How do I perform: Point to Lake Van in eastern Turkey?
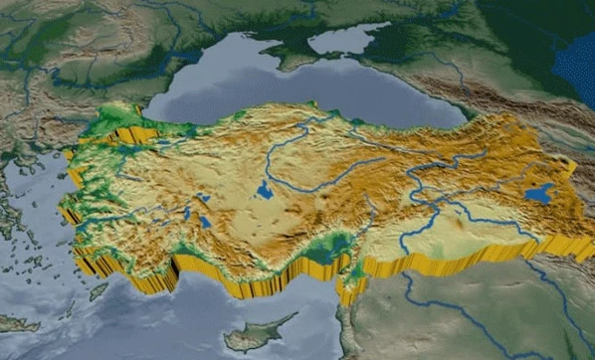[x=539, y=193]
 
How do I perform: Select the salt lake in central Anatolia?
[x=264, y=188]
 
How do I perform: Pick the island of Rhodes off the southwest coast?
[x=99, y=291]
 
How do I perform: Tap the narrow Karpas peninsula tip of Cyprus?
[x=296, y=316]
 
